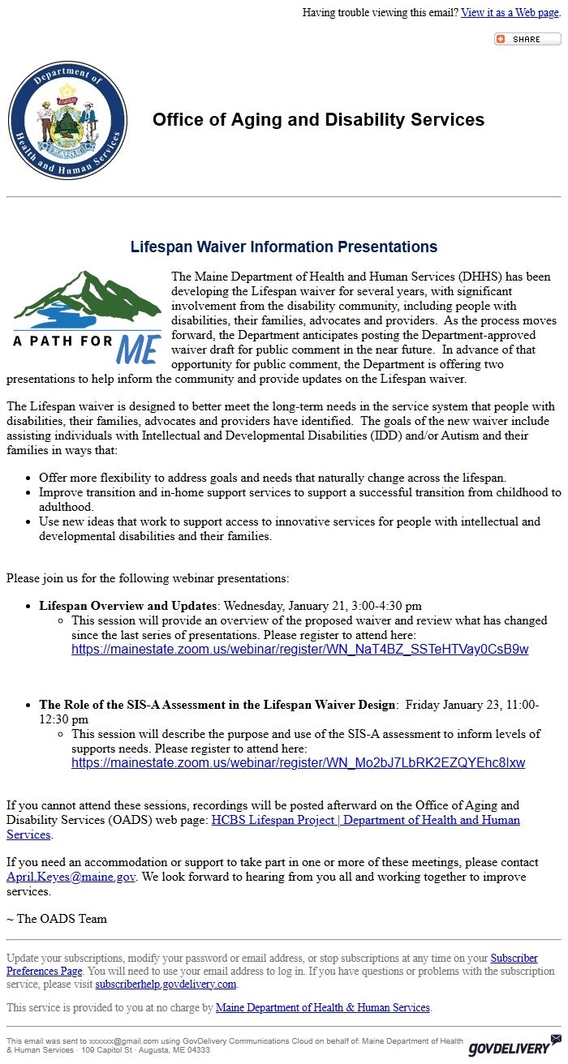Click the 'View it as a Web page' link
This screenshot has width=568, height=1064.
pos(510,12)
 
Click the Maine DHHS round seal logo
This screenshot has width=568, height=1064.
pos(67,120)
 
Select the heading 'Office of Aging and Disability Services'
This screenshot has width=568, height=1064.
pos(318,120)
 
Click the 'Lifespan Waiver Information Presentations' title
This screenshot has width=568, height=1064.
pos(284,247)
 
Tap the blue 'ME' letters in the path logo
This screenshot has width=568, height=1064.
pos(139,348)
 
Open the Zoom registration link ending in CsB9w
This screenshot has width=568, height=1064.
pos(299,650)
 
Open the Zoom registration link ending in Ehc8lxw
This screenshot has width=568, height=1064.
pos(298,763)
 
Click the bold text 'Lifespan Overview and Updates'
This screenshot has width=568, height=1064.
pos(128,606)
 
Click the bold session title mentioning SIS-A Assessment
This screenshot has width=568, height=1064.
pos(217,705)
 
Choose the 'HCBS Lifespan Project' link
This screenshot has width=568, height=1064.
pos(365,820)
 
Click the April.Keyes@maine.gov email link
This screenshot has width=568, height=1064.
pos(71,877)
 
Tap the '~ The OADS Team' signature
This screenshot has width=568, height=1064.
pos(57,919)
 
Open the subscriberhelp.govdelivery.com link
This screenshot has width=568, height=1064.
pos(166,984)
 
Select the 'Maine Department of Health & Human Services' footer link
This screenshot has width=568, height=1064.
pos(322,1007)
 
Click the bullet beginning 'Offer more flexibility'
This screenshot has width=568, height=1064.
pos(284,478)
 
